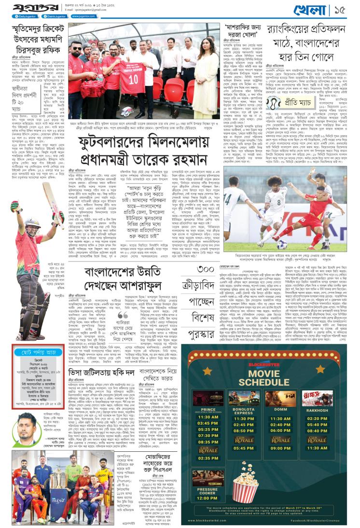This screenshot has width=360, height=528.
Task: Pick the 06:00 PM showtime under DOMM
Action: coord(280,430)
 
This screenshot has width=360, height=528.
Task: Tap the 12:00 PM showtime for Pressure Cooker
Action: coord(208,498)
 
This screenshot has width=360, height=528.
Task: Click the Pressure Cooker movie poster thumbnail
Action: coord(208,477)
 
